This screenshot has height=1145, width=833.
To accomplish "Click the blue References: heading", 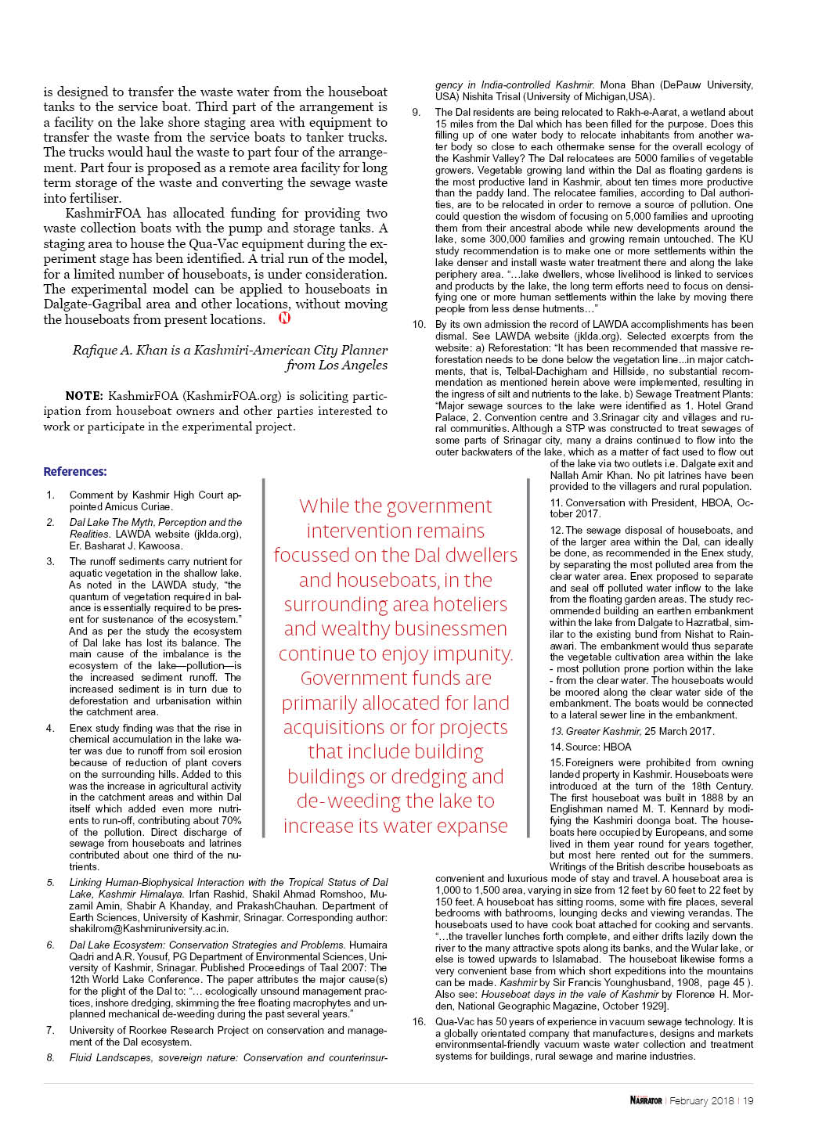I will (x=75, y=471).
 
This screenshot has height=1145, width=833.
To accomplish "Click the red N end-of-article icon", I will (x=285, y=318).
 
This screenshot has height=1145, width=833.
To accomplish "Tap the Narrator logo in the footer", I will (x=646, y=1100).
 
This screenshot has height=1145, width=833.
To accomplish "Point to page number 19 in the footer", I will (x=748, y=1100).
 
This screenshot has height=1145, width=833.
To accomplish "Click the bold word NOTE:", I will (x=85, y=396).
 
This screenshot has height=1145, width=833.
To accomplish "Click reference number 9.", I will (x=416, y=112).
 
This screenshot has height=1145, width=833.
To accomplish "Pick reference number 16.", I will (x=419, y=1021).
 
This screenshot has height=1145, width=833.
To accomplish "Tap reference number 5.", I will (x=51, y=882).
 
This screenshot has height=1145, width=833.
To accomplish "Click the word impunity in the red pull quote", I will (x=473, y=654).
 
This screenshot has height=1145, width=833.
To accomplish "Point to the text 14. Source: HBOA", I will (x=590, y=747).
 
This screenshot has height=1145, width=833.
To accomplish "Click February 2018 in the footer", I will (x=701, y=1100).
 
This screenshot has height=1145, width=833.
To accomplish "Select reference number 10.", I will (x=419, y=324).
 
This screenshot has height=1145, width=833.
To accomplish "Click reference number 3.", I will (x=51, y=561).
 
